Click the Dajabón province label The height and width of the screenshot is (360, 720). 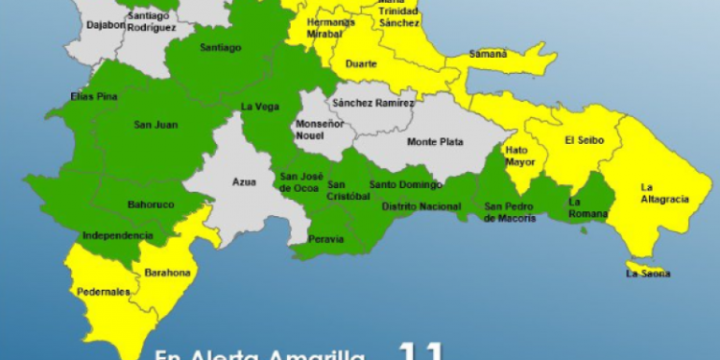point(106,24)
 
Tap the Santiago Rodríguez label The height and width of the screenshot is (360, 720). point(151,22)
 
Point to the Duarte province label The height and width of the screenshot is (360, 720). point(361,64)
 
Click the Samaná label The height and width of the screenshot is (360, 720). point(489,55)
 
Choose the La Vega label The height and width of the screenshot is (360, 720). point(259,107)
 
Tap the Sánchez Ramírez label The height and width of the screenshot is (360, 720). point(373,102)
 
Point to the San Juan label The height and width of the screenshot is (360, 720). point(156,124)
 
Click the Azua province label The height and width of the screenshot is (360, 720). point(245,181)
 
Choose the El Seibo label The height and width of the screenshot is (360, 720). point(583,140)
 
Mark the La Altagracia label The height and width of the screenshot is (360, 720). point(663,193)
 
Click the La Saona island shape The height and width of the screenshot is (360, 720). point(637,265)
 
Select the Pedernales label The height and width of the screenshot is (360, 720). point(101,292)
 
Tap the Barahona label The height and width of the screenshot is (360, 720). point(167,273)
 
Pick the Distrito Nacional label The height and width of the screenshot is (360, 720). point(420,206)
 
